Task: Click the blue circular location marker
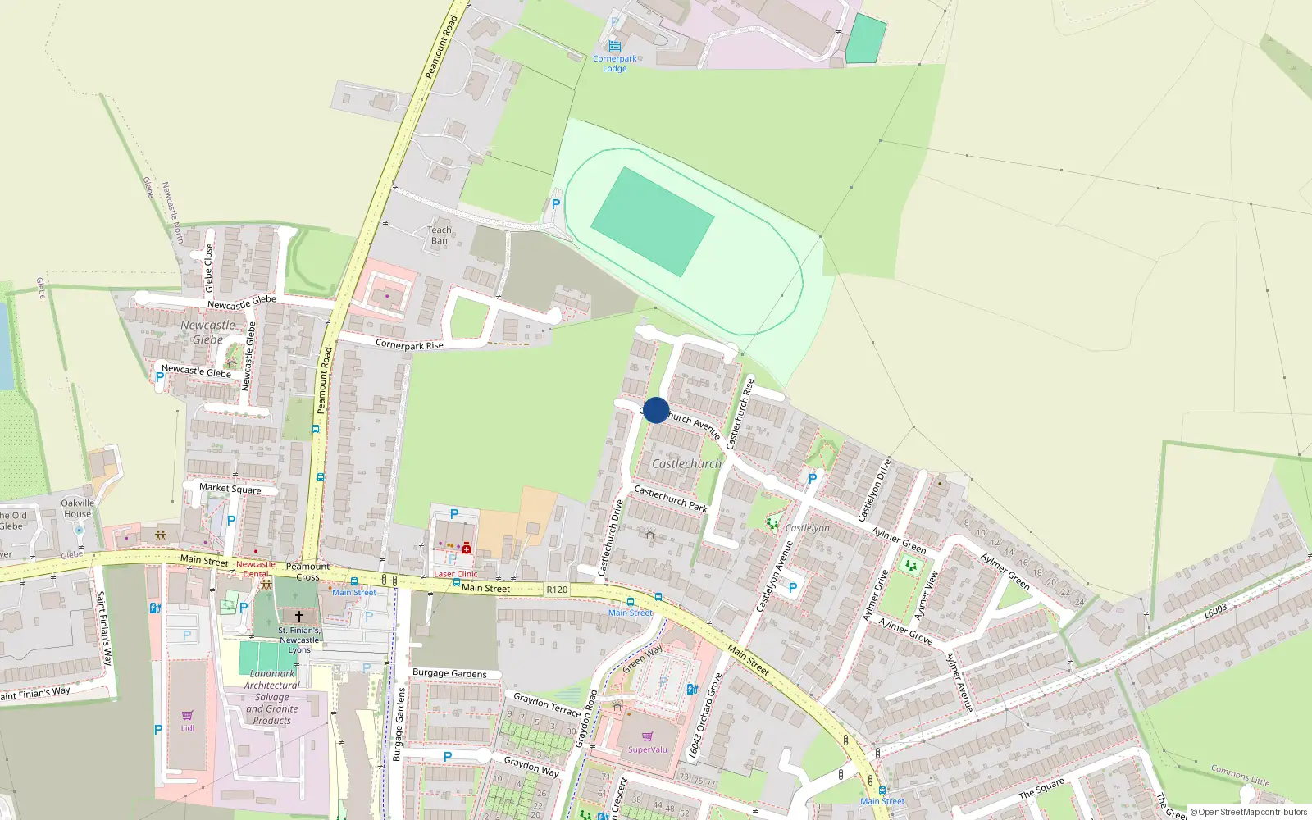coord(656,410)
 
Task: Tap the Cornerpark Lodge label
coord(615,63)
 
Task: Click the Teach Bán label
coord(440,235)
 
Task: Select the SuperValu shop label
coord(648,749)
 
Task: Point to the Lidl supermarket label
coord(188,728)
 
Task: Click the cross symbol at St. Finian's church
coord(299,616)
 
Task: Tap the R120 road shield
coord(557,590)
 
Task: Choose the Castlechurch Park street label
coord(671,499)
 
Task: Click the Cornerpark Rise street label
coord(409,344)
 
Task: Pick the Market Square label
coord(230,489)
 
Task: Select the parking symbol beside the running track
coord(556,204)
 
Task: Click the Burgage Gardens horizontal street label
coord(449,673)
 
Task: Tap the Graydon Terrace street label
coord(547,704)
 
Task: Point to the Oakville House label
coord(78,508)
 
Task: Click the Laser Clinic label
coord(456,574)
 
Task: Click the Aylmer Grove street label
coord(906,631)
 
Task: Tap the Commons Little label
coord(1240,775)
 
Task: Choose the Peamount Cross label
coord(307,572)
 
